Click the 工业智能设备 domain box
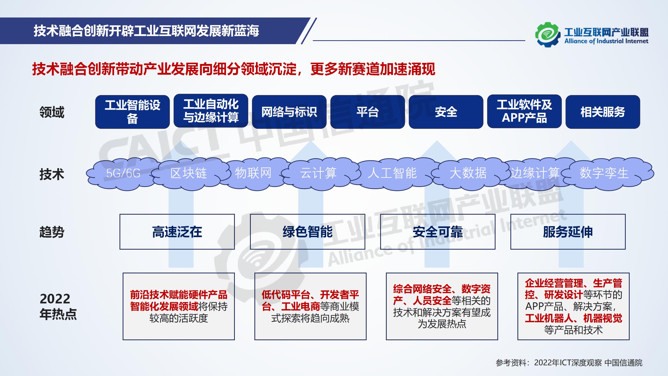coord(132,112)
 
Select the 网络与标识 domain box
coord(289,112)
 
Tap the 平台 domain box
coord(367,112)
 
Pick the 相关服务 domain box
coord(603,112)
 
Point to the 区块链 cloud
coord(188,173)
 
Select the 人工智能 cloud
coord(392,173)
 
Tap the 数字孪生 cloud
coord(604,173)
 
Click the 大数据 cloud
coord(468,173)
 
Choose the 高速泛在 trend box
coord(177,232)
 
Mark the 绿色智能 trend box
coord(307,232)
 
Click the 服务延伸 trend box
coord(568,232)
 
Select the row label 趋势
coord(52,232)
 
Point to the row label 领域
coord(52,112)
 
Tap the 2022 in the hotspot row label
coord(55,299)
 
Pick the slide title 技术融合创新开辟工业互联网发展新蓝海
coord(146,31)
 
